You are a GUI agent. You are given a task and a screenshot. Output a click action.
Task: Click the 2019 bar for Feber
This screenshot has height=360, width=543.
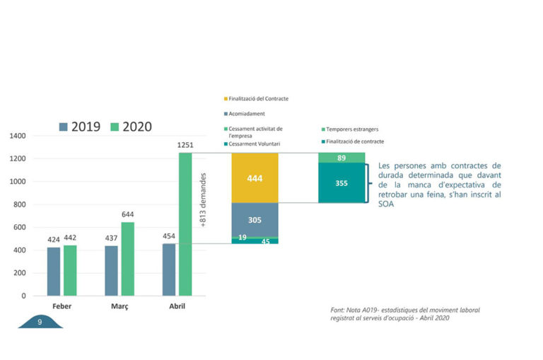[x=54, y=272]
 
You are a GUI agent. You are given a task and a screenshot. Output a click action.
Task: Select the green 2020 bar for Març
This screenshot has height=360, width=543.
[x=127, y=259]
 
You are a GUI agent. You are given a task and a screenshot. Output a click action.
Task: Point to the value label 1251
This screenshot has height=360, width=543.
[x=185, y=145]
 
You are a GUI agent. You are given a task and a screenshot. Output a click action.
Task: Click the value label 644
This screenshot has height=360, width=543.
[x=127, y=214]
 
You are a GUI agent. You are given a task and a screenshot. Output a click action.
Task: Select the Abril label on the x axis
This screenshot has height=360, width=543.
[x=178, y=307]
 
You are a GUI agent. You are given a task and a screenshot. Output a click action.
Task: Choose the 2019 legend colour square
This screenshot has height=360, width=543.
[x=64, y=127]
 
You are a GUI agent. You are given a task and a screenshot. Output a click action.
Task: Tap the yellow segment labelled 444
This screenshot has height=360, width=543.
[x=255, y=178]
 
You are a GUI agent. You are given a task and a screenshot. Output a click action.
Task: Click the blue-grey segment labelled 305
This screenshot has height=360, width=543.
[x=255, y=220]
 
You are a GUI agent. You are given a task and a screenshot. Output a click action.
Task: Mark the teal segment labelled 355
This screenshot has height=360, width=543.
[x=341, y=183]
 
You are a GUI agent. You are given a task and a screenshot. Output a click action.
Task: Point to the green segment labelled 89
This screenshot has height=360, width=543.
[x=341, y=158]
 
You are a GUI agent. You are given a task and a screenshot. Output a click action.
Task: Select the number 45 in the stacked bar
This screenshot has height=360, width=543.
[x=265, y=241]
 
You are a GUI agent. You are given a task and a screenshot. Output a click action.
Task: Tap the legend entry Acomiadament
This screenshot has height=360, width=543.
[x=247, y=112]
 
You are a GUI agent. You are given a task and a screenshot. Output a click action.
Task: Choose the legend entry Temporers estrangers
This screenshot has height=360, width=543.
[x=354, y=129]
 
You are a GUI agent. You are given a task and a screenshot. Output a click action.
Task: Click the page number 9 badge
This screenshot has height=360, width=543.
[x=40, y=322]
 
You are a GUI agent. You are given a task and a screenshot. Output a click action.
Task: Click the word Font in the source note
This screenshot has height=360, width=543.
[x=338, y=310]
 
